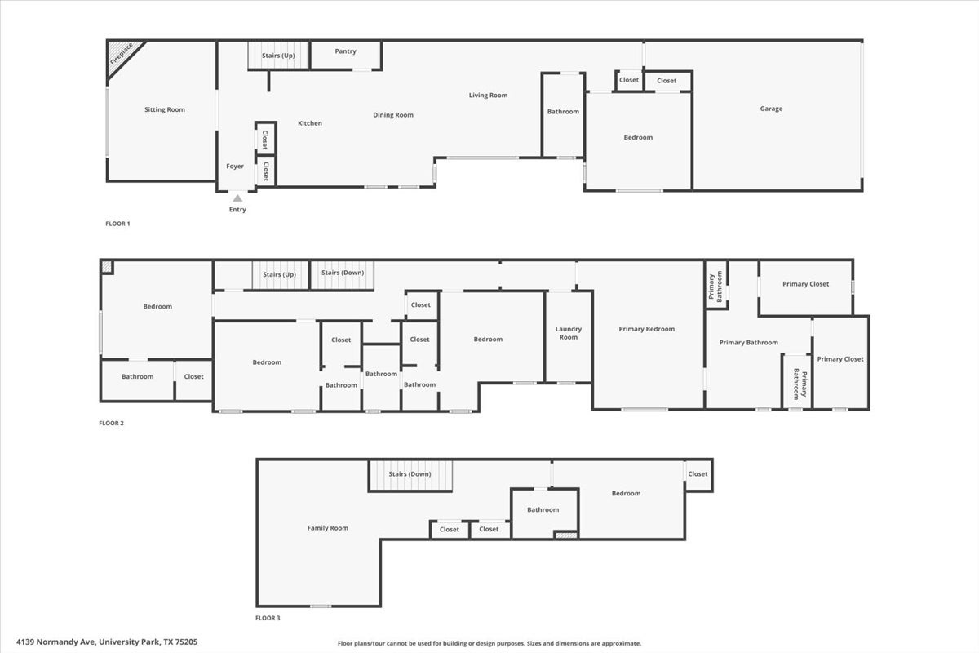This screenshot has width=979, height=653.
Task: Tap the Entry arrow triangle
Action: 237,198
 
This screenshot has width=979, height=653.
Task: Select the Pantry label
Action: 345,51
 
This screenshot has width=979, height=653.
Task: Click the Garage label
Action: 771,109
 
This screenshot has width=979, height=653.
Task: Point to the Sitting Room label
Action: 165,109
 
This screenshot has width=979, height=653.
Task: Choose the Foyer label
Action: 235,167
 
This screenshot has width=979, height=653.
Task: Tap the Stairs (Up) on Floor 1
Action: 278,56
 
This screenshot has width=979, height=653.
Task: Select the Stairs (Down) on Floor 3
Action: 410,475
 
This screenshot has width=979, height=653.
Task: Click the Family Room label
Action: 327,528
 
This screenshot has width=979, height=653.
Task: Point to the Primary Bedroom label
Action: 646,329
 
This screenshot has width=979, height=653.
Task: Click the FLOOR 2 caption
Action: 112,423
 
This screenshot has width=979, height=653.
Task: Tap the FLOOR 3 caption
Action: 268,618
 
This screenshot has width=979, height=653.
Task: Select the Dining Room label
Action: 393,115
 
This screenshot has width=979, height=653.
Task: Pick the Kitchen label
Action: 310,123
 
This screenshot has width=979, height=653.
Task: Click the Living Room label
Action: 488,95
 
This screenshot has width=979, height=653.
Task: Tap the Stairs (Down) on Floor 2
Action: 342,275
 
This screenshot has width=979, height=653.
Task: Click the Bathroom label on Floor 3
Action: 543,509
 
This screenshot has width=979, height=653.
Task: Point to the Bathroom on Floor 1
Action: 563,114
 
